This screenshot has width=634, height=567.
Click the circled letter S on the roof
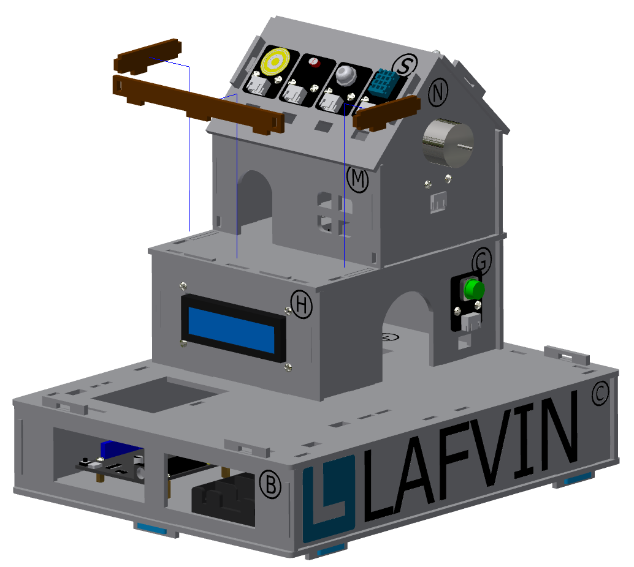point(405,65)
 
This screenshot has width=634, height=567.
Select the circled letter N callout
point(438,92)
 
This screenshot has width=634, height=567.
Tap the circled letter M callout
point(357,179)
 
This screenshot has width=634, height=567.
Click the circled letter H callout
point(302,304)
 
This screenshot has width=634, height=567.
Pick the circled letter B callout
point(270,484)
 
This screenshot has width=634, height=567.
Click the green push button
point(474,289)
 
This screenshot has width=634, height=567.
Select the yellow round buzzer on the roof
point(275,61)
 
